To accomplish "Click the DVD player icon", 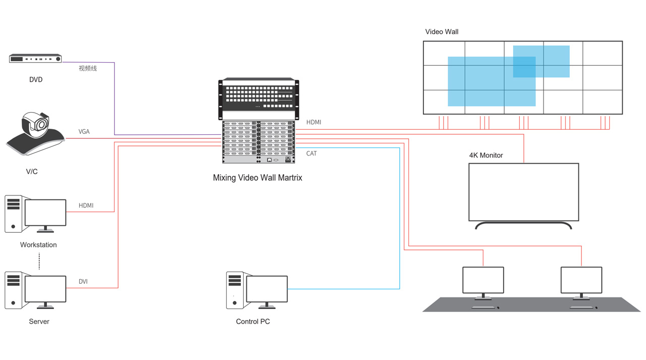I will click(x=35, y=59).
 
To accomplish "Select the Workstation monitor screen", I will click(x=45, y=213).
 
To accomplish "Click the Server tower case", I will click(x=14, y=290).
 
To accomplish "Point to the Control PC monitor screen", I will click(x=266, y=289).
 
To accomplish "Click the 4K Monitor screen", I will click(x=523, y=192).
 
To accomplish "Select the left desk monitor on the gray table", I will click(x=483, y=280).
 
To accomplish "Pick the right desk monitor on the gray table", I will click(x=581, y=280).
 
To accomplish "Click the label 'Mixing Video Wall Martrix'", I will click(x=257, y=178).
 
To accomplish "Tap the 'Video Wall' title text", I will click(x=442, y=32).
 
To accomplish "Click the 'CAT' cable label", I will click(x=311, y=153).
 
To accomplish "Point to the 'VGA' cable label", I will click(x=84, y=132).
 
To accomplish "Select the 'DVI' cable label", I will click(x=83, y=282).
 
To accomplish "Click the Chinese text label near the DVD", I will click(x=87, y=68).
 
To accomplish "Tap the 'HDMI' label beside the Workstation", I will click(x=86, y=205).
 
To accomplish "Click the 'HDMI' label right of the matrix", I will click(x=313, y=122).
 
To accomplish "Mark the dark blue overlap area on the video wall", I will click(x=524, y=67).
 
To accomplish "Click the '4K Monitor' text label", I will click(x=486, y=156).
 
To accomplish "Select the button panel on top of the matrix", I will click(x=258, y=96).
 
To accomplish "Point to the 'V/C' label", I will click(x=32, y=172).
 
